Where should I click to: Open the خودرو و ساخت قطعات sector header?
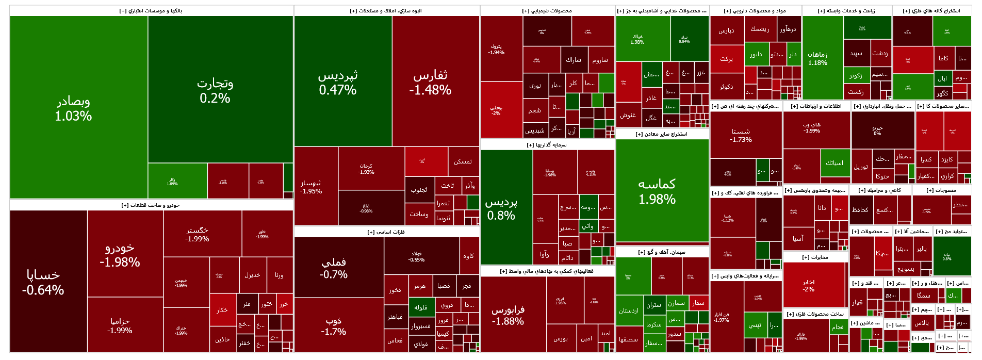[x=151, y=205]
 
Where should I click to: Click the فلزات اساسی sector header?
[x=386, y=232]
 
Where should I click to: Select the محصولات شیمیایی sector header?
[x=547, y=11]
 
